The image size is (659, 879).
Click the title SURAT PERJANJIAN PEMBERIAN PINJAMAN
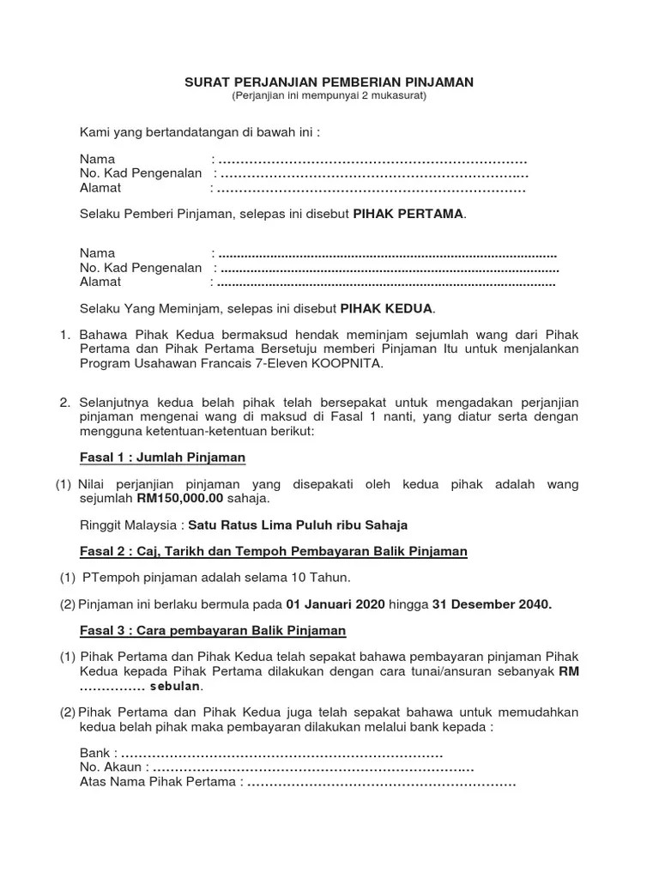[x=329, y=82]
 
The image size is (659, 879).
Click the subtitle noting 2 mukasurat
[x=329, y=95]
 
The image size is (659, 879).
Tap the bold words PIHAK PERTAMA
[x=409, y=214]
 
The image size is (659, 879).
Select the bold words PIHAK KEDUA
[x=388, y=307]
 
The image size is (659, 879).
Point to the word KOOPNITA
[x=348, y=363]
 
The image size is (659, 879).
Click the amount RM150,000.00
[x=179, y=498]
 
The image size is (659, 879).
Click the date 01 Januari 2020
[x=336, y=604]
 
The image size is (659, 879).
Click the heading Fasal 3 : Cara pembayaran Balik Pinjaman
[x=212, y=631]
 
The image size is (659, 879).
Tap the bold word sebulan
[x=176, y=688]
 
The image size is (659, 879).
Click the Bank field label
[x=94, y=754]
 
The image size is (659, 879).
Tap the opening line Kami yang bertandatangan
[x=199, y=133]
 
